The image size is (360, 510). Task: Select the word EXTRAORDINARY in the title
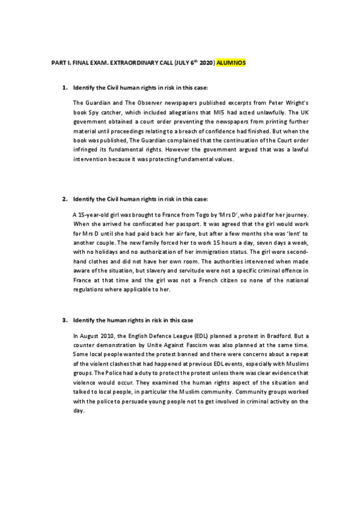pyautogui.click(x=126, y=63)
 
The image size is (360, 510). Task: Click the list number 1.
pyautogui.click(x=64, y=89)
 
